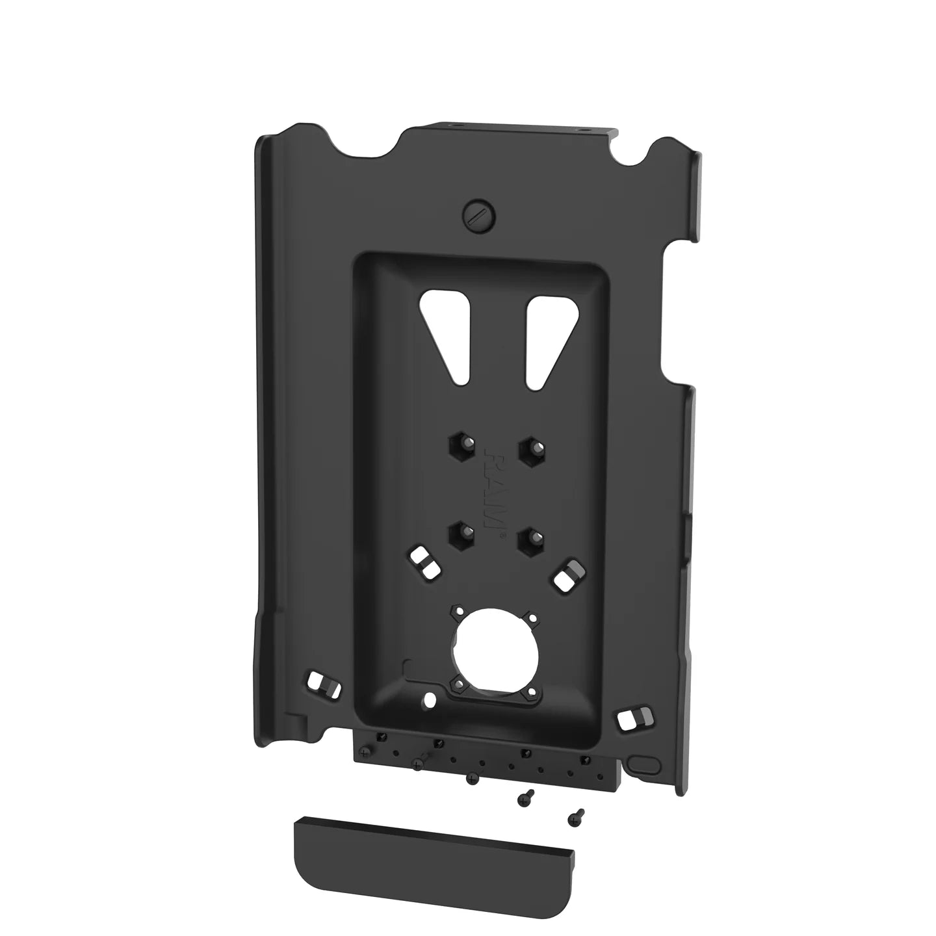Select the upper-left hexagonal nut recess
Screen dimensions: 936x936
coord(460,447)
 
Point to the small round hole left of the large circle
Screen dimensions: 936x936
coord(429,699)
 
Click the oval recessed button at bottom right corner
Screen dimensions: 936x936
coord(644,763)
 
